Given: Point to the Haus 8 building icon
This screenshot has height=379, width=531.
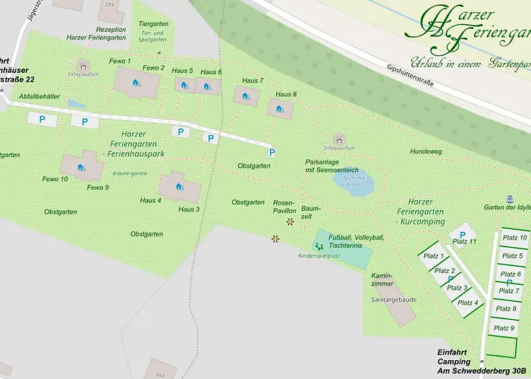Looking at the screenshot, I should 280,109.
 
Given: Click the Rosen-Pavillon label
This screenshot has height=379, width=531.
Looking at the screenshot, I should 284,207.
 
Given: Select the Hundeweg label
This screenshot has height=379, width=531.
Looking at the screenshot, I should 426,152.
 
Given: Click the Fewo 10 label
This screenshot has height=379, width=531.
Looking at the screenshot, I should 55,179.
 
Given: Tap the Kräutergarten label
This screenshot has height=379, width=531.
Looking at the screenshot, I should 129,173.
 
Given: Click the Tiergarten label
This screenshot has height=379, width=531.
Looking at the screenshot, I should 153,24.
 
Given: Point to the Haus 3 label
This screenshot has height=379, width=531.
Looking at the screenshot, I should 188,209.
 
